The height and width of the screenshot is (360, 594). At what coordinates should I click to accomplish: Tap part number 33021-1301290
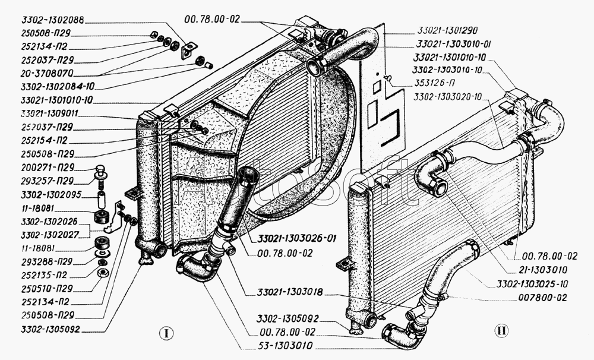pos(444,30)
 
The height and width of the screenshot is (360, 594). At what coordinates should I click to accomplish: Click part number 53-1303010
pos(278,345)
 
